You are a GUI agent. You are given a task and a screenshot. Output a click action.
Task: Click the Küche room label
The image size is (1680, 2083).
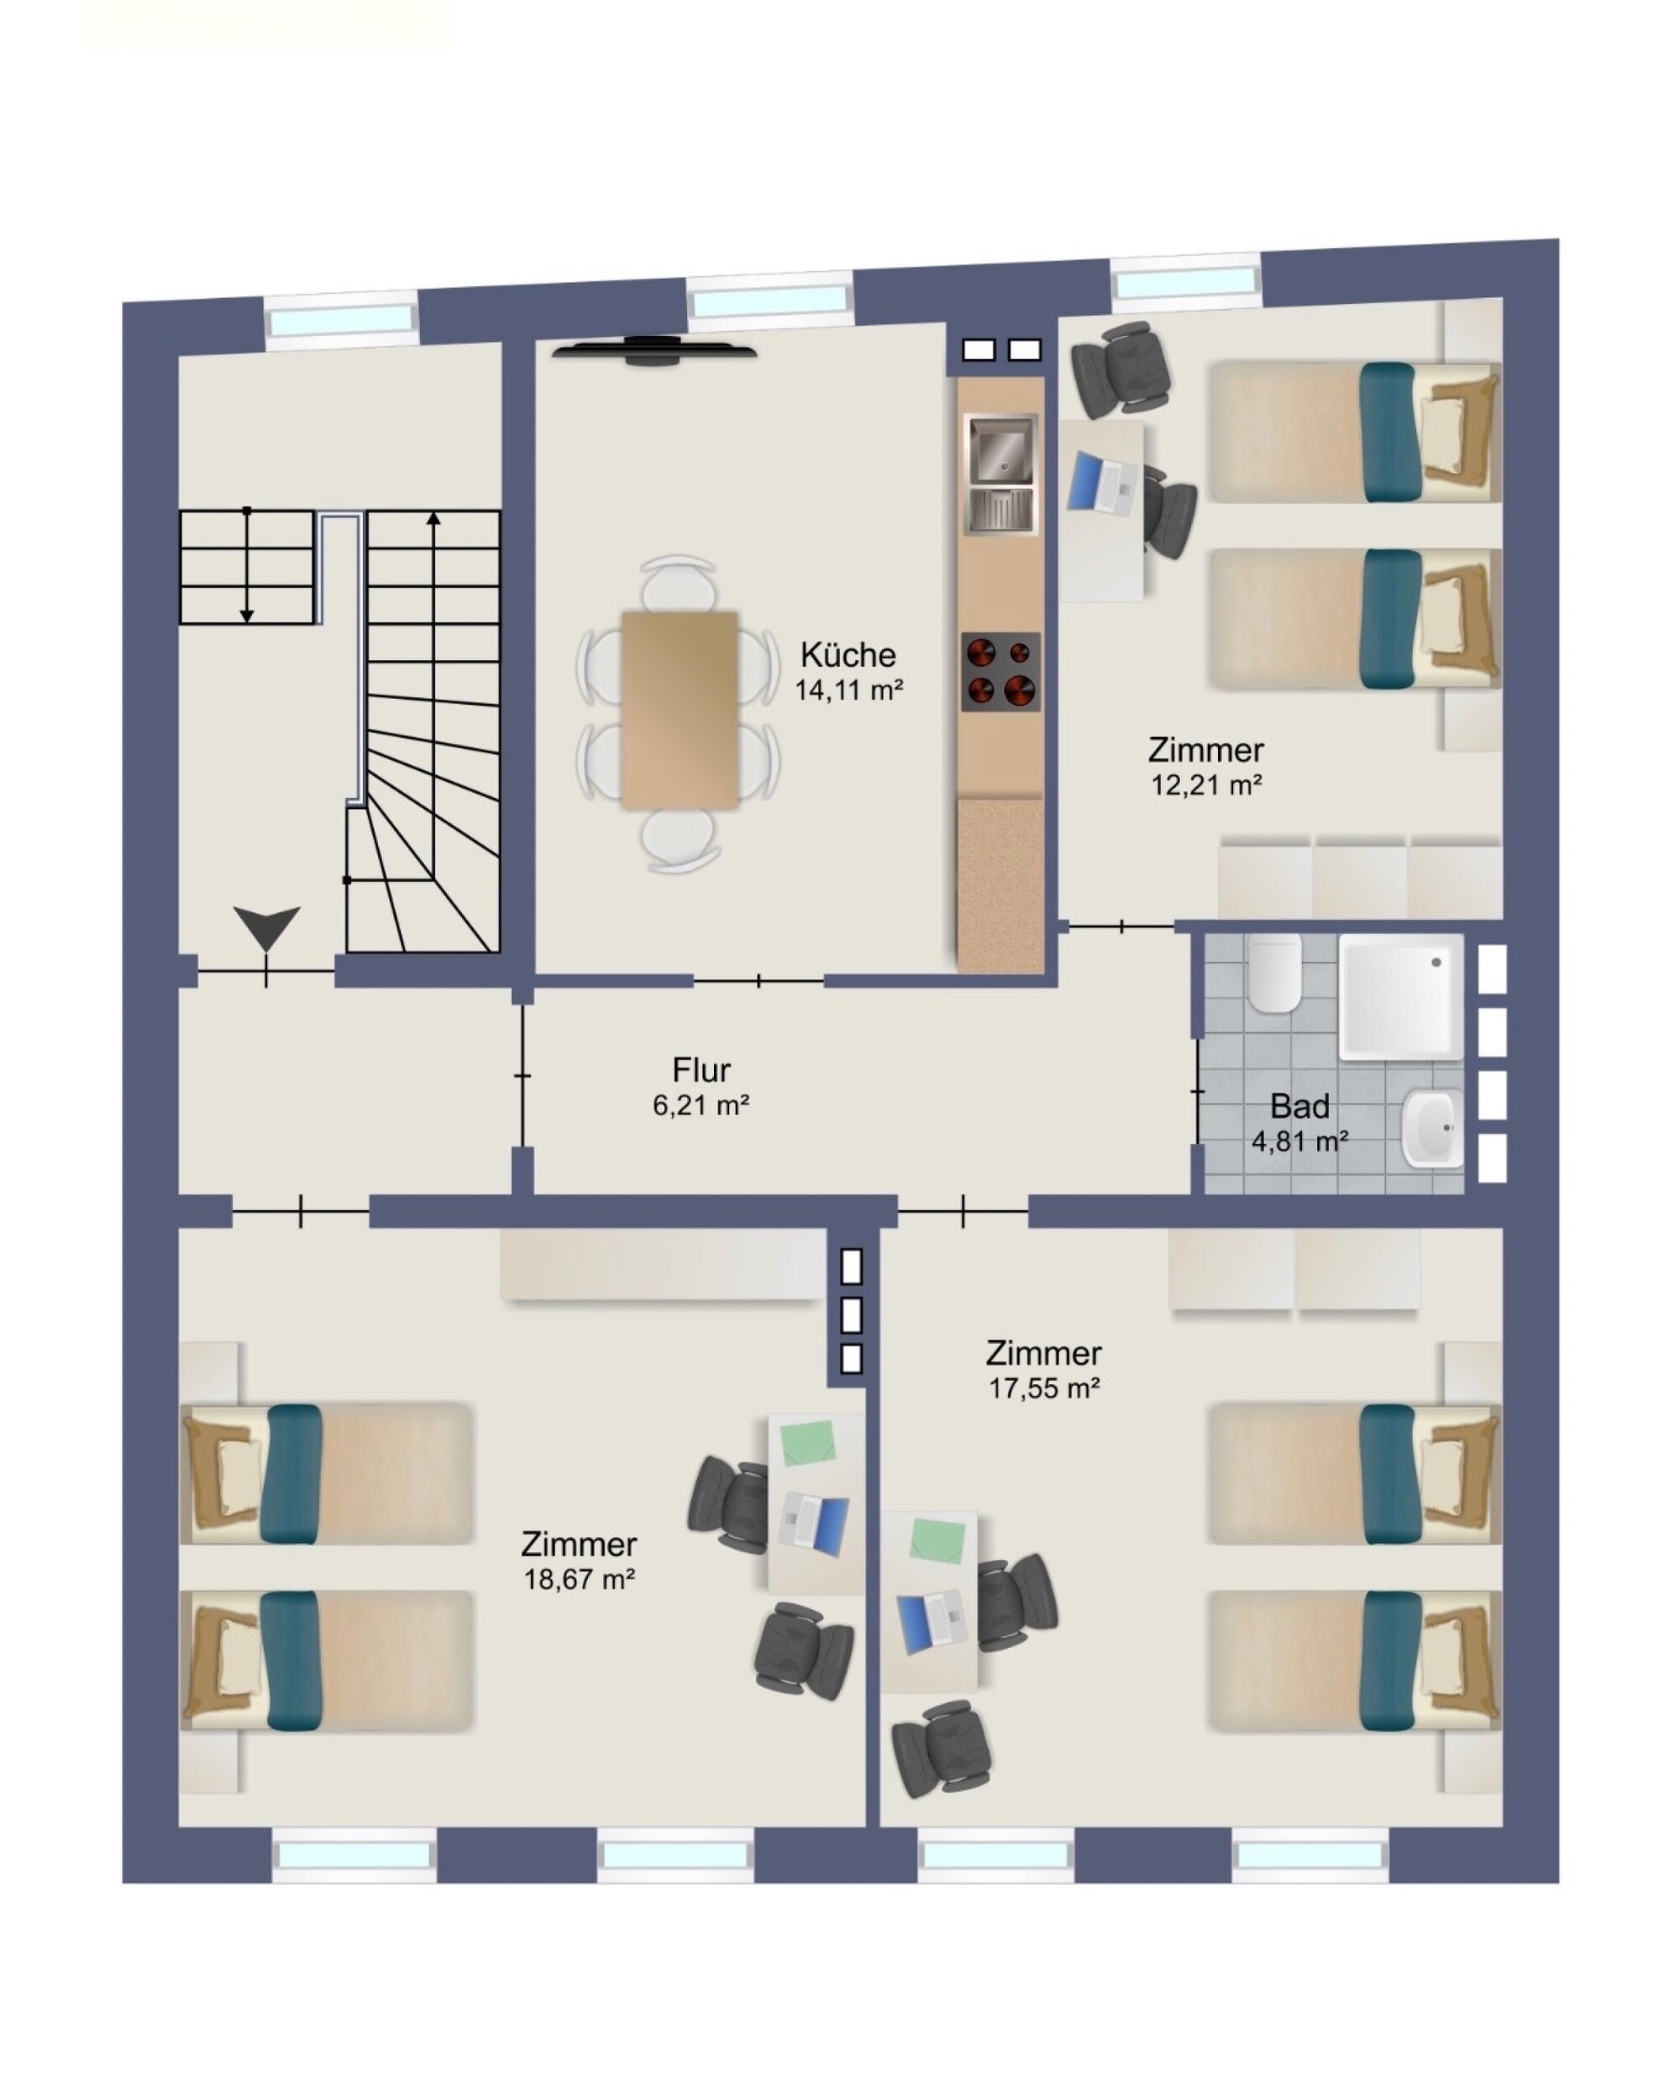(848, 655)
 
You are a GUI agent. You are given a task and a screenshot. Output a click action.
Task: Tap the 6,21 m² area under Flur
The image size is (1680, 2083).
(701, 1104)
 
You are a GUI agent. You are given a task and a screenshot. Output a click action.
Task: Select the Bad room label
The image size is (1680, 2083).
(1299, 1106)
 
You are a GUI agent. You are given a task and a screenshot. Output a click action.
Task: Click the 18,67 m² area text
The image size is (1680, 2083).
(579, 1579)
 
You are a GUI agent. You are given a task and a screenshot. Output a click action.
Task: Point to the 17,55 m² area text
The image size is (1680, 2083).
(1043, 1388)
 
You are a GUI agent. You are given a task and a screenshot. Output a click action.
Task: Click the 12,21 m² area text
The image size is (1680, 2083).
(1205, 784)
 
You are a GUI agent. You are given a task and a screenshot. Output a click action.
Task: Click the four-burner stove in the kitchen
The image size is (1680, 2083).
(1000, 671)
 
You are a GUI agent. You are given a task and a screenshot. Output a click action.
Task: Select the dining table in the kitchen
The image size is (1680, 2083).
(680, 709)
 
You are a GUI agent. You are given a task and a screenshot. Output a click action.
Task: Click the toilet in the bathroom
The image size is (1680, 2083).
(1273, 973)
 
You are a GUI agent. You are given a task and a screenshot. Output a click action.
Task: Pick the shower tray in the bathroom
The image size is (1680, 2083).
(1400, 995)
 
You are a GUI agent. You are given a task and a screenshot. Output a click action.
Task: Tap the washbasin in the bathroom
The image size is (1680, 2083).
(1432, 1127)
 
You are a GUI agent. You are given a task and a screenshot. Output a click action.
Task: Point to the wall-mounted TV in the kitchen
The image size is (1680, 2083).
(654, 350)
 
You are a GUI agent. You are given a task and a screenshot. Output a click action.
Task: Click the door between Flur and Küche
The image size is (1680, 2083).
(759, 981)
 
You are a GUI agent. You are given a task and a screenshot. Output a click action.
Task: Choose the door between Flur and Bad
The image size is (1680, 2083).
(1198, 1091)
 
